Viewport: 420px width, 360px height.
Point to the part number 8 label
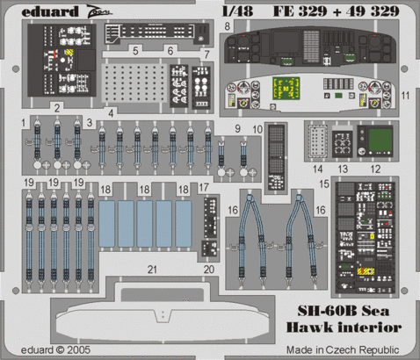click(x=228, y=27)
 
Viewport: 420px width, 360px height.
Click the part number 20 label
click(x=208, y=270)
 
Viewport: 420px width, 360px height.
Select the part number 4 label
click(x=111, y=112)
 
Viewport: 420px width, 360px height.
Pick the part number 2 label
click(x=56, y=107)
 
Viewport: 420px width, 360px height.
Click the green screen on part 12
click(x=379, y=140)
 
